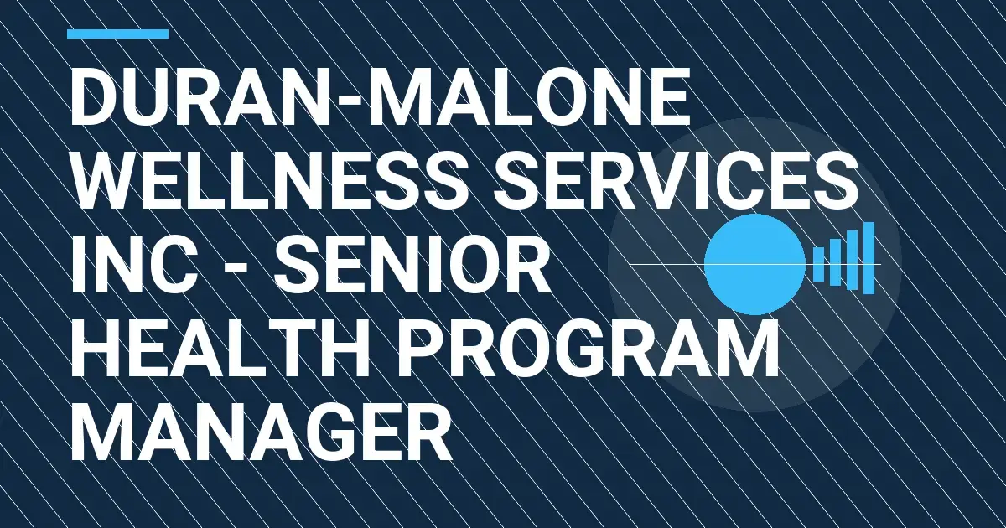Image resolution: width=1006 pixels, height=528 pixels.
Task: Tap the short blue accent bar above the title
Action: click(117, 34)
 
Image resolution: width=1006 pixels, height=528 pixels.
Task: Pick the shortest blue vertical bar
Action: click(818, 264)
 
